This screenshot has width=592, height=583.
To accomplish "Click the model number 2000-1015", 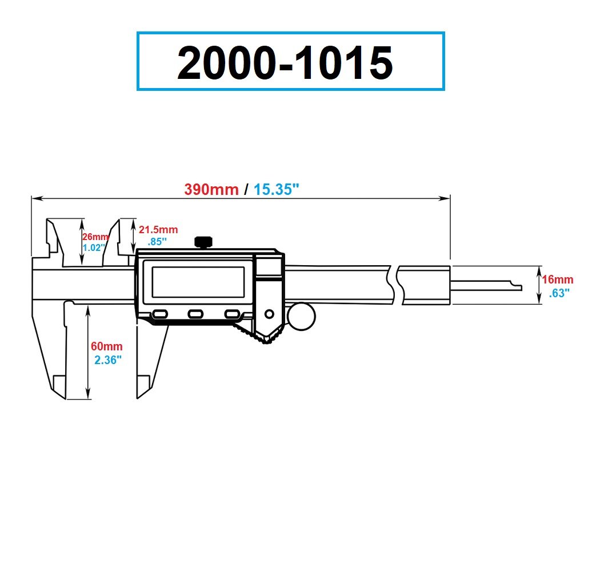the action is point(285,63).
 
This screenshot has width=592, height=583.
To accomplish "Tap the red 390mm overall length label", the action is point(211,189).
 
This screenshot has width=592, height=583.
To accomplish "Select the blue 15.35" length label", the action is point(277,189).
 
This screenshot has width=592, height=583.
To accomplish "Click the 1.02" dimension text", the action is point(94,247).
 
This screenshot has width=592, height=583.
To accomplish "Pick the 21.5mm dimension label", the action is point(158,230).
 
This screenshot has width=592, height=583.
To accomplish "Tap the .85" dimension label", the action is point(157,241).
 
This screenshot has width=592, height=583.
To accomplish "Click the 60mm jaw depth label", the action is point(106,346).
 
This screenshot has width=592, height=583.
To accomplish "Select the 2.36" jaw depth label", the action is point(108,360).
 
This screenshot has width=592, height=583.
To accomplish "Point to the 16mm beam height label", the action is point(558,280).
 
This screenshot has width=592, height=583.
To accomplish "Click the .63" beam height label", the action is point(559,293).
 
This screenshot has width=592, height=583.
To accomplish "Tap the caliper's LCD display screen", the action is point(198,282).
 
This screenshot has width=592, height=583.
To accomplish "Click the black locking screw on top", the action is point(203,242).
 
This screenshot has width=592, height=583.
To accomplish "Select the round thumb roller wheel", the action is point(301,317).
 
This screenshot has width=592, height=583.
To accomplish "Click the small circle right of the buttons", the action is point(269,314).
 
